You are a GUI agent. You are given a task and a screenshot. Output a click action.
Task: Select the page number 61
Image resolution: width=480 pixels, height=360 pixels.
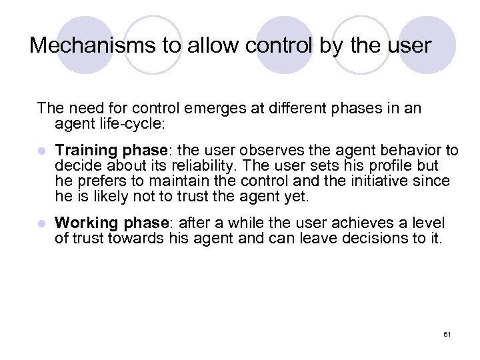pos(447,333)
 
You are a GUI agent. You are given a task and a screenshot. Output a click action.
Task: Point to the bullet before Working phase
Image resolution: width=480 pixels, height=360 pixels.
pos(41,223)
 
